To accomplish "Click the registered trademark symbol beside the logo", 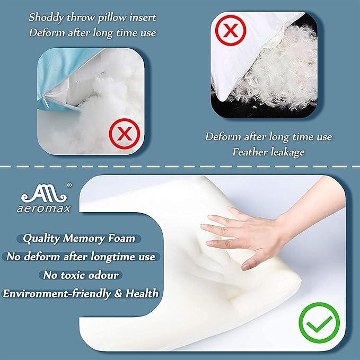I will click(x=69, y=186).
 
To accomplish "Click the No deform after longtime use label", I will click(x=81, y=257).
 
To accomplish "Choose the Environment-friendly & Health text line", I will click(x=81, y=293).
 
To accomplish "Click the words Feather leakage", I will click(x=269, y=152).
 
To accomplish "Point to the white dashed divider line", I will click(x=180, y=168).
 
